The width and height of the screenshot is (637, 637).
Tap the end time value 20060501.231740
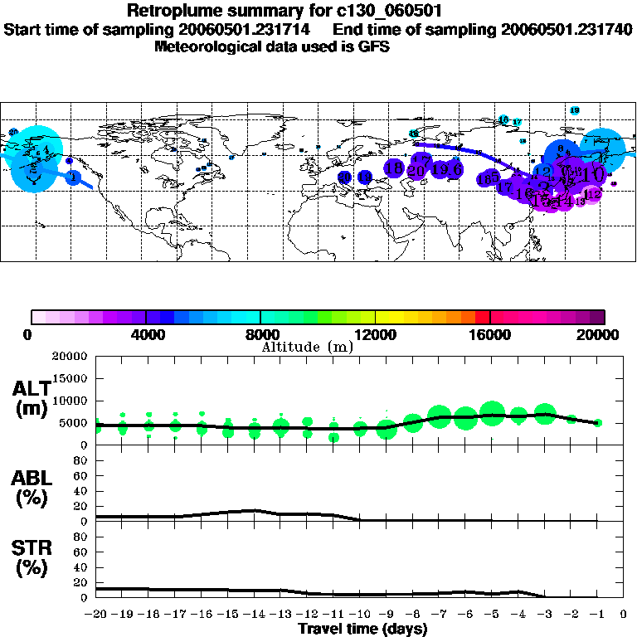tap(567, 29)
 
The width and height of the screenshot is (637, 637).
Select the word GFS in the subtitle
tap(374, 46)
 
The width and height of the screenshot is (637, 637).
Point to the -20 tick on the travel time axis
tap(95, 615)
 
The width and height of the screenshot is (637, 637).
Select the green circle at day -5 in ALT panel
tap(492, 413)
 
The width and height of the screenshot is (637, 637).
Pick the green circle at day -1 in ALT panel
tap(597, 423)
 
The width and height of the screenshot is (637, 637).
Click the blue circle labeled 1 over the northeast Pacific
tap(73, 177)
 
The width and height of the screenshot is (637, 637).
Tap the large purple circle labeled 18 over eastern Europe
tap(394, 169)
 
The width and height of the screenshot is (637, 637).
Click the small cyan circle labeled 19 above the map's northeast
tap(575, 110)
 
